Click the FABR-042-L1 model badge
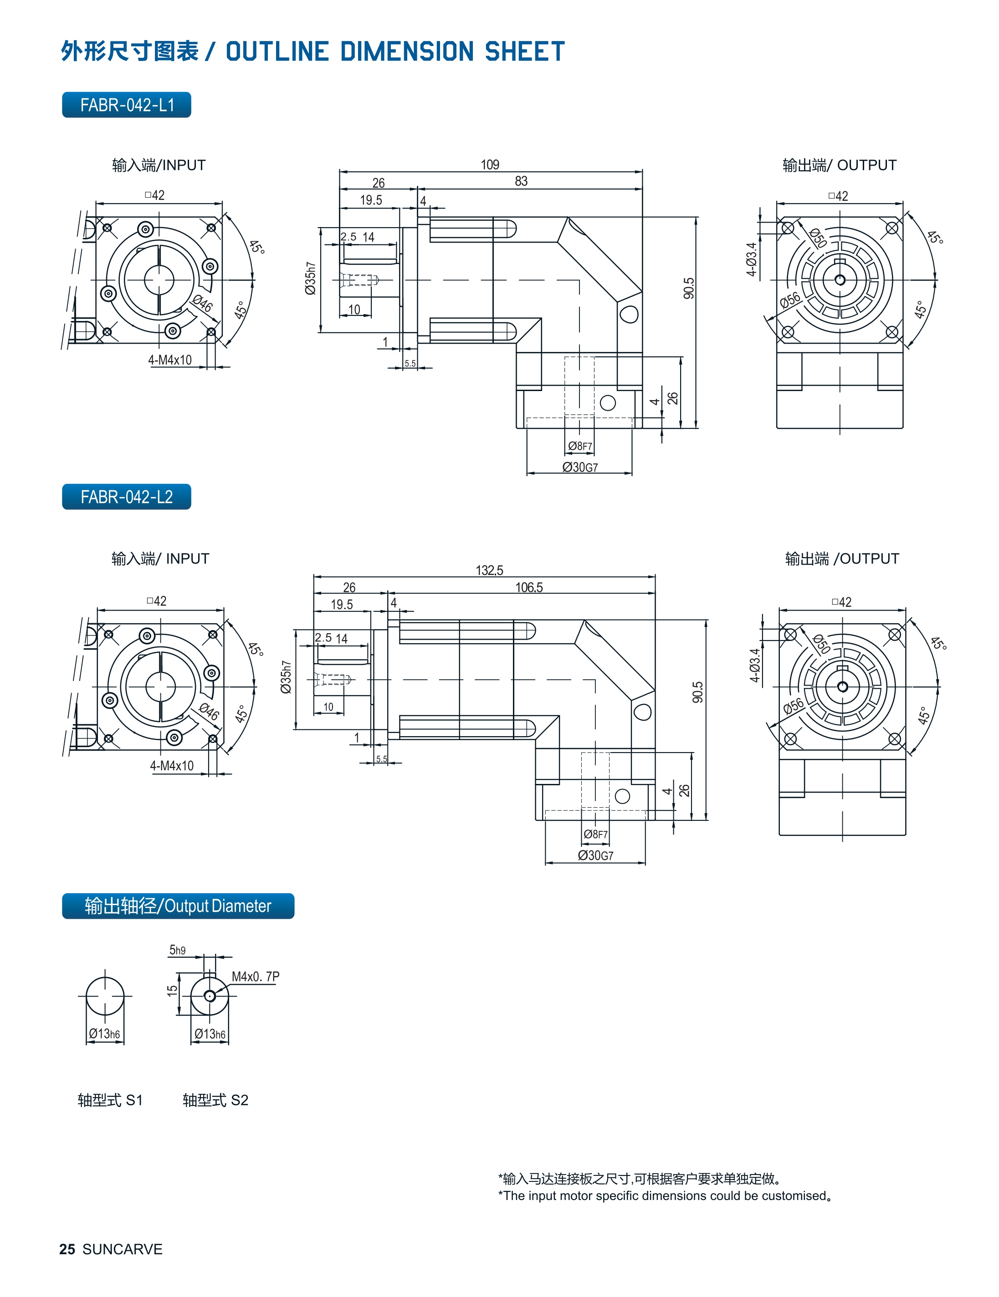coord(127,105)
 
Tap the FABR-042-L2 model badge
coord(127,497)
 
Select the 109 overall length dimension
coord(490,164)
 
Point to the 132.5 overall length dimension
coord(489,570)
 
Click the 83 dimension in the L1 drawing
coord(521,181)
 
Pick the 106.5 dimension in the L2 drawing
coord(529,587)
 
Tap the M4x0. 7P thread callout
coord(256,977)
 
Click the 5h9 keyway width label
coord(177,950)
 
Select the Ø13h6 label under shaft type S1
coord(105,1034)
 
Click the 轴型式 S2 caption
coord(215,1100)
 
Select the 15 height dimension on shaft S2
coord(172,991)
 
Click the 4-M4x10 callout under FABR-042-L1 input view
coord(170,360)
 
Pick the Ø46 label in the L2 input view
coord(209,711)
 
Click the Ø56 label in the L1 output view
coord(790,300)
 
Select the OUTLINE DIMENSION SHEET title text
coord(395,51)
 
